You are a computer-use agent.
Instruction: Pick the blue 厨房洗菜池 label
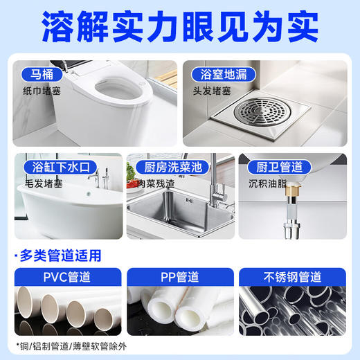(162, 168)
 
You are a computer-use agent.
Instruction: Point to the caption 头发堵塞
(216, 91)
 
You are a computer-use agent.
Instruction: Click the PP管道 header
(180, 277)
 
